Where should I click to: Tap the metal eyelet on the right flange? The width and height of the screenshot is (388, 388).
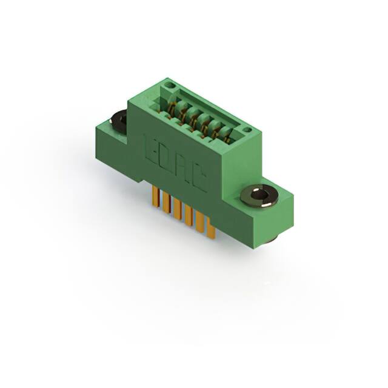tap(259, 195)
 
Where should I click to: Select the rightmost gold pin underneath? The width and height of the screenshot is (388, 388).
tap(211, 229)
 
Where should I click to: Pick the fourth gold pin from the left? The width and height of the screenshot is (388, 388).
tap(188, 215)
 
